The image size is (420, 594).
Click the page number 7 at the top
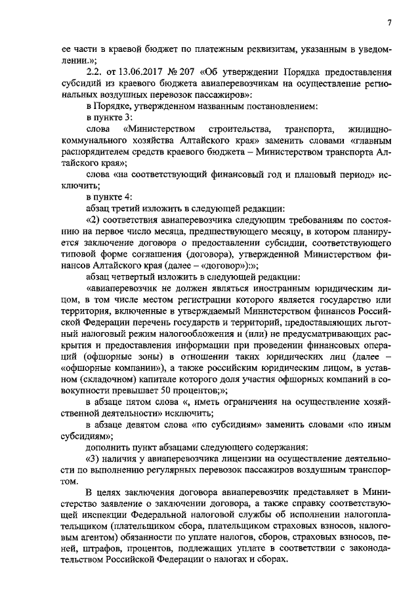click(x=389, y=24)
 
